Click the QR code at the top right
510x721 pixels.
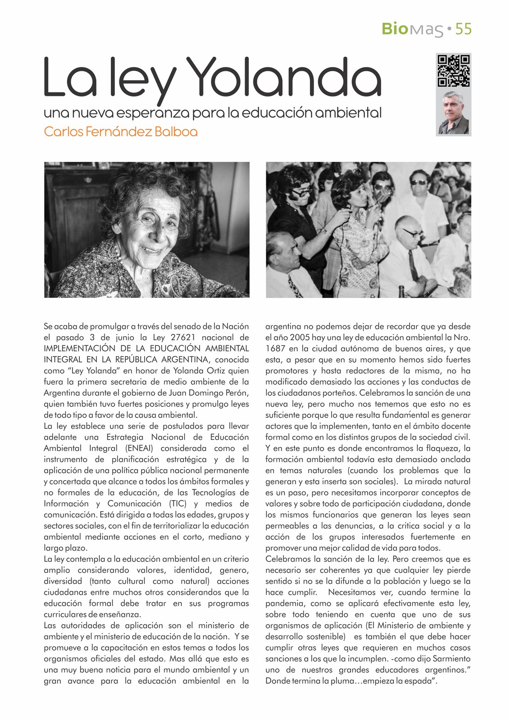coord(454,70)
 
